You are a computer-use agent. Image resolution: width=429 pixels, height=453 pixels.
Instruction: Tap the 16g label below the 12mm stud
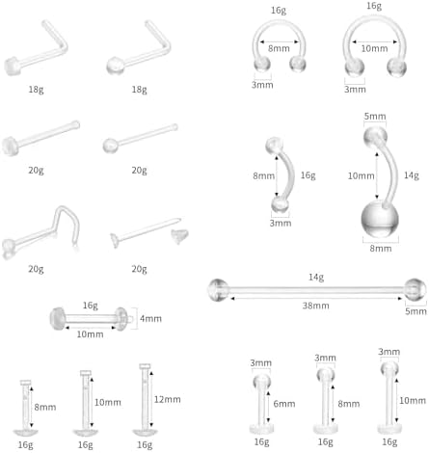[x=145, y=444]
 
